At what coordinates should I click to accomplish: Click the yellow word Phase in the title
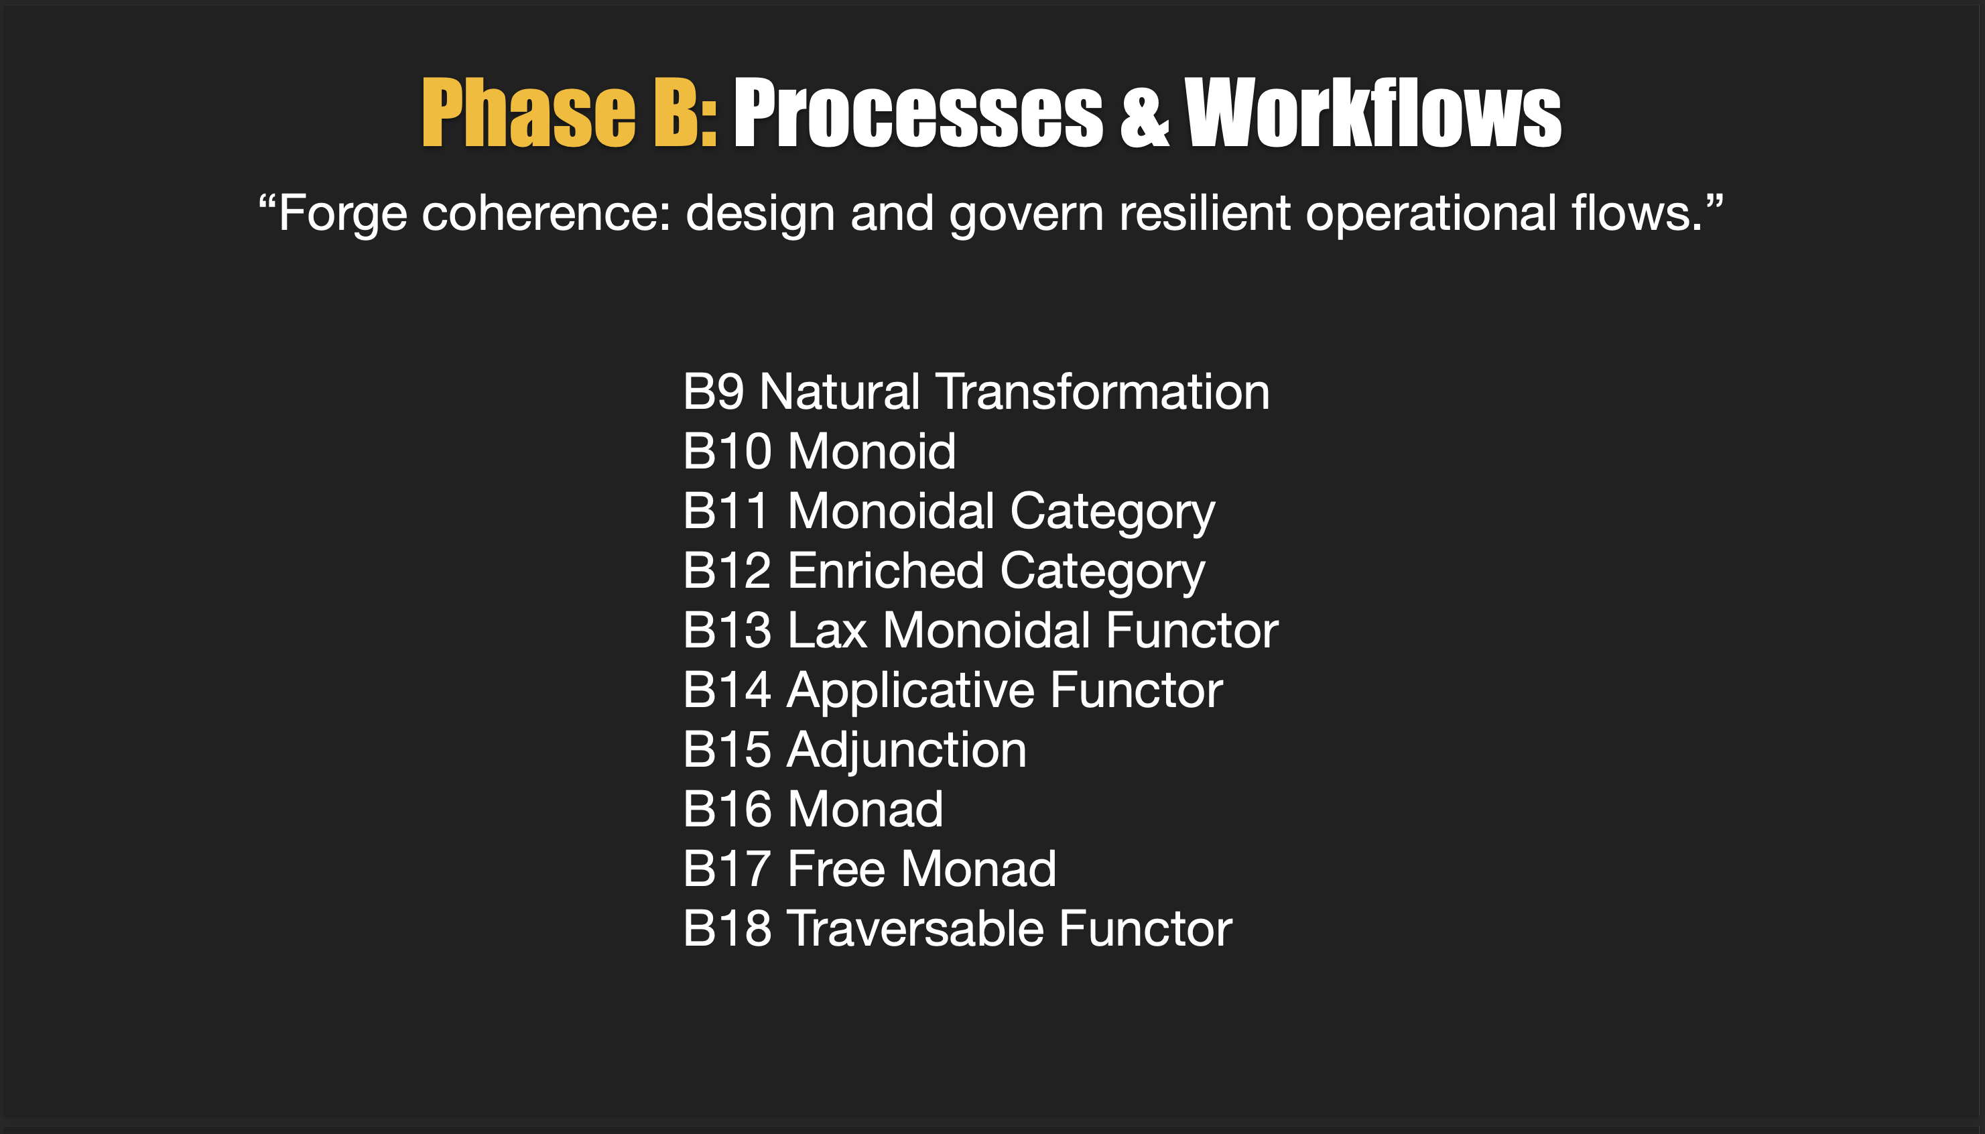pos(528,113)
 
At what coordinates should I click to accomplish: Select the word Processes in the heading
pos(917,115)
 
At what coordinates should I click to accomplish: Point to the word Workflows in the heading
pos(1372,113)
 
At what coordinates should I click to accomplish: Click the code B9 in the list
pos(712,392)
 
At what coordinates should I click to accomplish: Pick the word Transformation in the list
pos(1102,392)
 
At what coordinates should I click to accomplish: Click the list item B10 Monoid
pos(818,452)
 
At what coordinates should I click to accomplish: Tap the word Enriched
pos(885,571)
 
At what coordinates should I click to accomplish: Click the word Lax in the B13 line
pos(826,630)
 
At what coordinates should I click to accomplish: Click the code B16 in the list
pos(726,810)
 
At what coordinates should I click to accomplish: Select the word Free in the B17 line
pos(836,869)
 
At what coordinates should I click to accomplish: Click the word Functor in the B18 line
pos(1144,929)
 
